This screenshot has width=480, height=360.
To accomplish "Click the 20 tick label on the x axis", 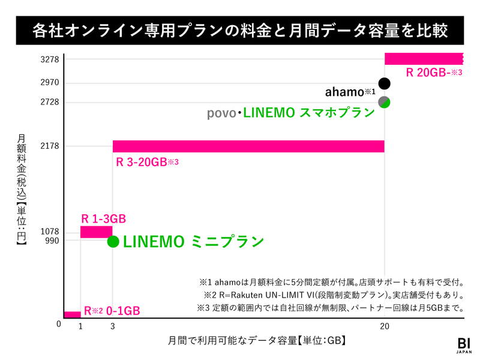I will (x=385, y=327).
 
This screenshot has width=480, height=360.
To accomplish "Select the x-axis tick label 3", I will (x=113, y=327).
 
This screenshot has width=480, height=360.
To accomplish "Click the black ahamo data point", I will (x=385, y=83).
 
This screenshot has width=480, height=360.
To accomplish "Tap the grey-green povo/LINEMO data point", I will (x=385, y=102).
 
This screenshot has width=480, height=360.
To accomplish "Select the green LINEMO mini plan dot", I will (x=113, y=241).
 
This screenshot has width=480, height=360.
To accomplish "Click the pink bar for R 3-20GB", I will (x=248, y=146).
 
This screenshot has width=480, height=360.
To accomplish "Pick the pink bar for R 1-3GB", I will (x=97, y=232).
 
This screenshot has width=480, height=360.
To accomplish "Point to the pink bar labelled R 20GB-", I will (x=424, y=59).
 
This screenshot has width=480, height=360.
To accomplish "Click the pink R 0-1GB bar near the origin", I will (x=72, y=314).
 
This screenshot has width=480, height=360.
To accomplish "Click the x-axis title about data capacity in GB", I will (x=257, y=340).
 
